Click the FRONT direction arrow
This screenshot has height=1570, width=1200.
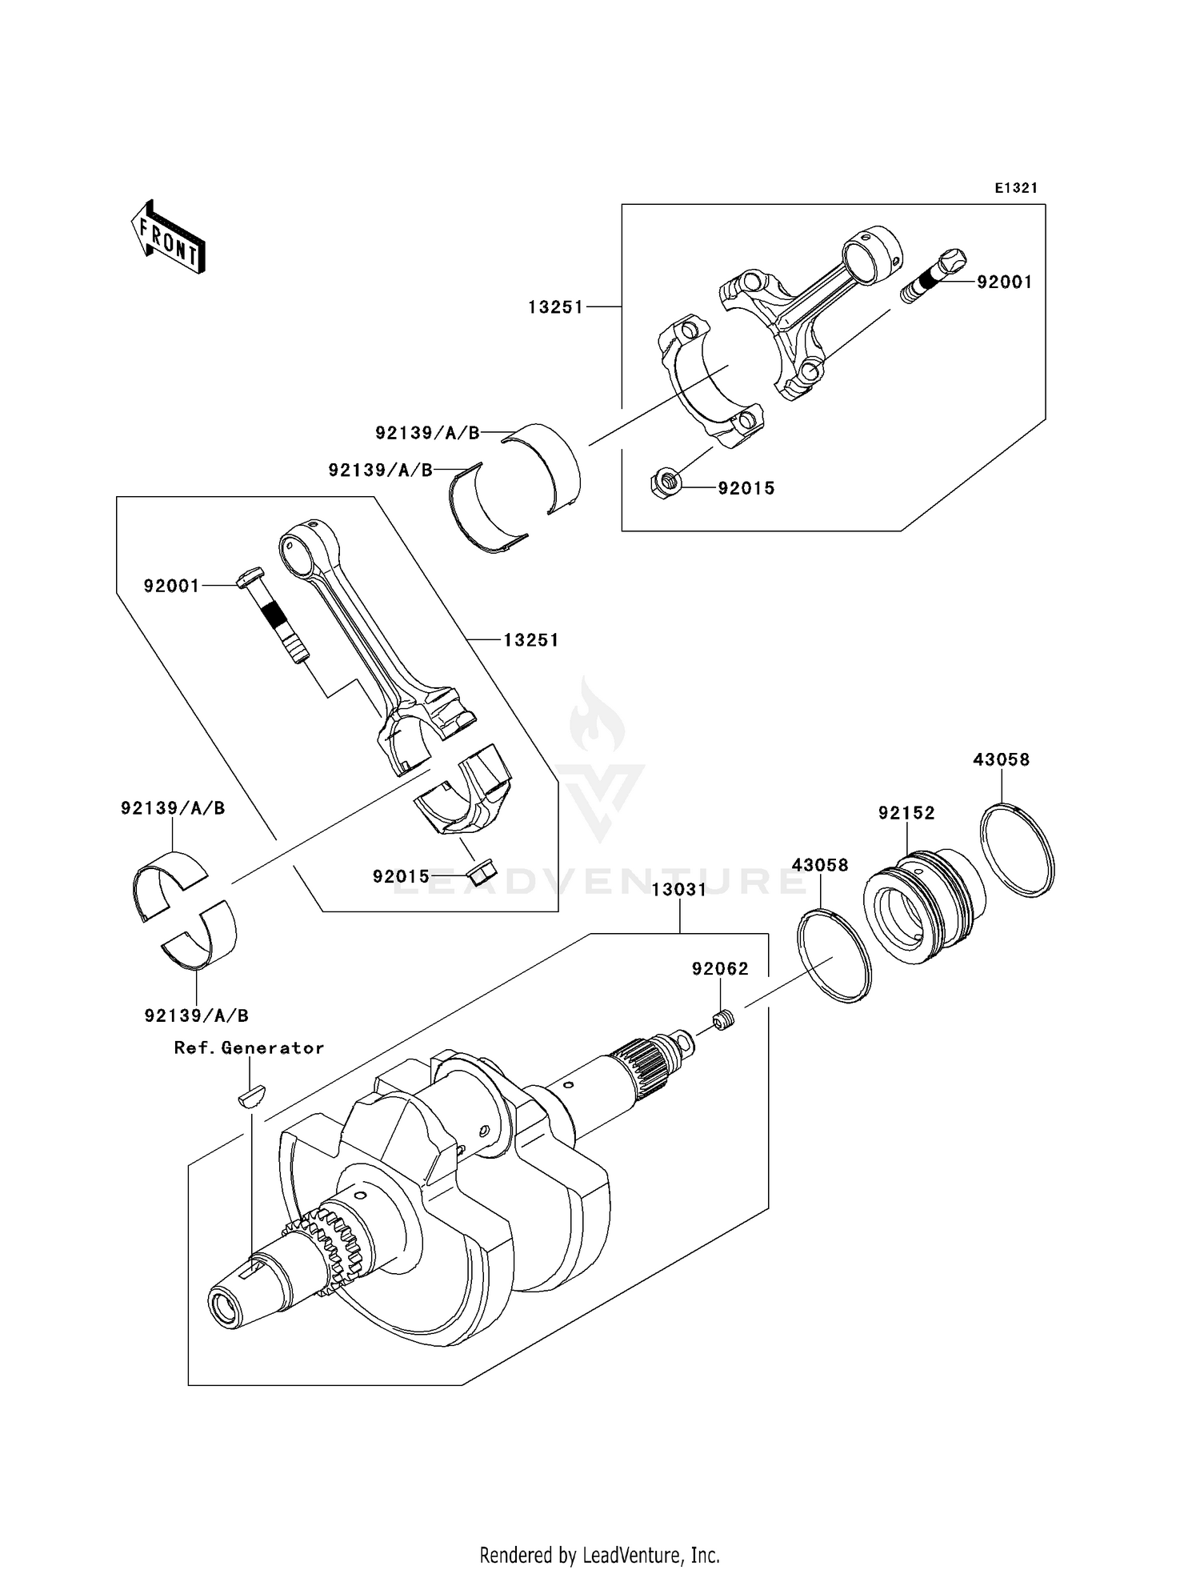coord(169,238)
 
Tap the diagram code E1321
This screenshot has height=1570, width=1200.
coord(1016,188)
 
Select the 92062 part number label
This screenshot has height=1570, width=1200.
coord(720,969)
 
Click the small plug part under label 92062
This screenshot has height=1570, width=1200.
coord(723,1021)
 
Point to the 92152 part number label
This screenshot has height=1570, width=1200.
coord(906,813)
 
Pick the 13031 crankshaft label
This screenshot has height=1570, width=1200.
coord(679,890)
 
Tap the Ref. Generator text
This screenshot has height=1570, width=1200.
coord(249,1048)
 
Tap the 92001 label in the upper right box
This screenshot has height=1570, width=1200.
coord(1004,282)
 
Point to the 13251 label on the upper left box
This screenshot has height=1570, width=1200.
coord(555,307)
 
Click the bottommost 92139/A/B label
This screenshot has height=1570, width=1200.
coord(197,1015)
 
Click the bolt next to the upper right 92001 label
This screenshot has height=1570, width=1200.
coord(934,276)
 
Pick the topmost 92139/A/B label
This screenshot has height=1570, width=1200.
coord(427,433)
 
